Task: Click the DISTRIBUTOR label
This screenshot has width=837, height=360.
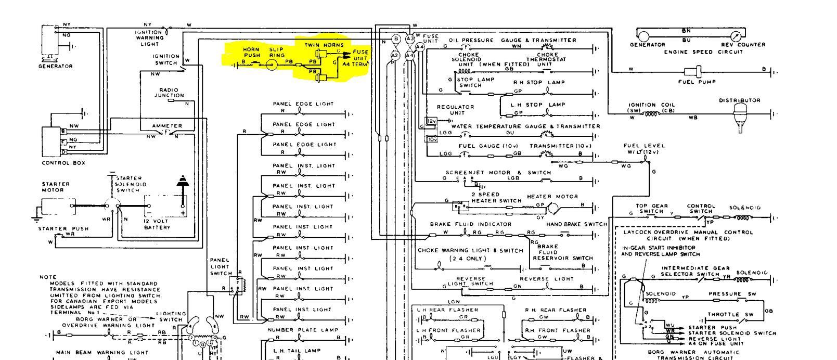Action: [x=740, y=100]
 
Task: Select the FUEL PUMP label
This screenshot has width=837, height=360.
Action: [x=697, y=82]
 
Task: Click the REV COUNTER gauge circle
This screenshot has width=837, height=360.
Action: [x=736, y=36]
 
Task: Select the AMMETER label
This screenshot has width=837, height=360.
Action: [x=167, y=126]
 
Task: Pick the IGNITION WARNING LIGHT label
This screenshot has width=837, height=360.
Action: [x=149, y=37]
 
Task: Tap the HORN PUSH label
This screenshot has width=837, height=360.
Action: [x=252, y=53]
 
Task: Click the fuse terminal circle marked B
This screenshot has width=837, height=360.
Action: [x=395, y=39]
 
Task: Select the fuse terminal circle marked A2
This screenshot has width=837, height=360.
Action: [x=394, y=55]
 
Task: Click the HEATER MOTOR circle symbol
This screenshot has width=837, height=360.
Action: [x=553, y=209]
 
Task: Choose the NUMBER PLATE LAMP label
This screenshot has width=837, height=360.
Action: [x=303, y=330]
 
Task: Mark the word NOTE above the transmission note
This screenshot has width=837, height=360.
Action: [x=47, y=277]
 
